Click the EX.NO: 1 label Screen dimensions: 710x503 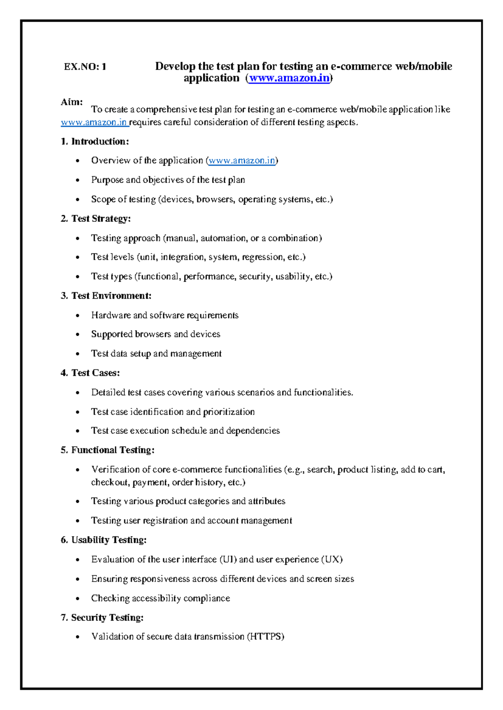click(x=85, y=67)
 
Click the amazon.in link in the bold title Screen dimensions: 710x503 click(x=289, y=78)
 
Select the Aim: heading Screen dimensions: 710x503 click(x=72, y=102)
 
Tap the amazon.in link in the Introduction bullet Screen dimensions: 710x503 click(x=242, y=161)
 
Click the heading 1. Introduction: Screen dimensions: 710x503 click(x=95, y=141)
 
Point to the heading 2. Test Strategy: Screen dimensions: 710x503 click(x=96, y=219)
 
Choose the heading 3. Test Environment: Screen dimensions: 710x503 click(x=106, y=296)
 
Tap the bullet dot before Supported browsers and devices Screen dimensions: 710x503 click(x=78, y=335)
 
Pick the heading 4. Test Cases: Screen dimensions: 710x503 click(x=90, y=373)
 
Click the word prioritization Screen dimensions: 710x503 click(x=229, y=412)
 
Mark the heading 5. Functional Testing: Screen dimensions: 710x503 click(x=107, y=450)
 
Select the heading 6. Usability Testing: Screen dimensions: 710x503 click(x=104, y=540)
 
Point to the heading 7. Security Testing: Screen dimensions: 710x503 click(x=102, y=617)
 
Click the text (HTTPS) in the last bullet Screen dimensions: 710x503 click(x=266, y=637)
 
